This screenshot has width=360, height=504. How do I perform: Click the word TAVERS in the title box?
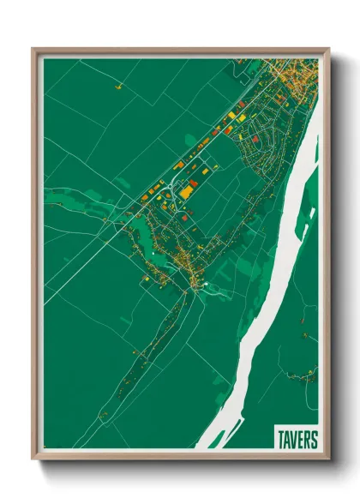coord(297,440)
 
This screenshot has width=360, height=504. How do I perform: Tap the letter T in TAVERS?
coord(281,440)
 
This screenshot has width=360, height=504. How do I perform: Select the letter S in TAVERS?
coord(315,440)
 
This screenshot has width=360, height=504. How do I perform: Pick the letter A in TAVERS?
coord(287,440)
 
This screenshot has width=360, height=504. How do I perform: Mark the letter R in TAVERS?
coord(308,440)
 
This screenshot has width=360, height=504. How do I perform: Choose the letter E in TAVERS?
coord(301,440)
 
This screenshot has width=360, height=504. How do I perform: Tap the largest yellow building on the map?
coord(185,193)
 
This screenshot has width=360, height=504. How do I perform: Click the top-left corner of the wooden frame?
coord(33,48)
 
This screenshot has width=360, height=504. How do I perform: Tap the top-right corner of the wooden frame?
coord(329,48)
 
